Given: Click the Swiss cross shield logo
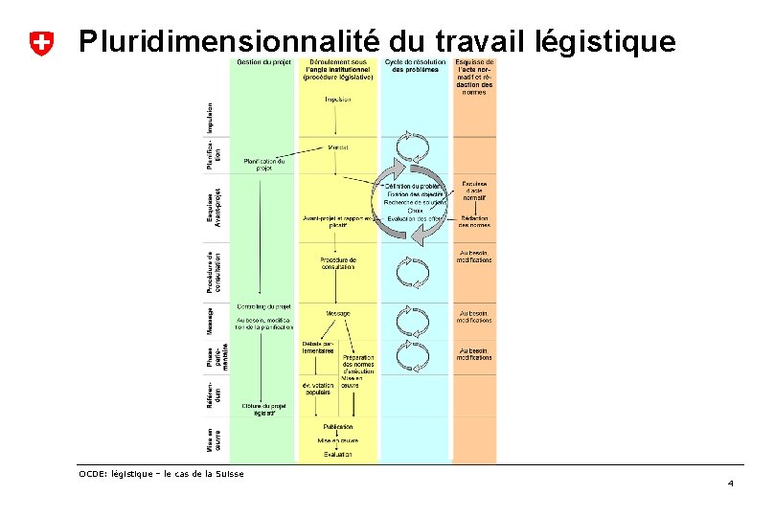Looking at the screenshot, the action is [x=41, y=42].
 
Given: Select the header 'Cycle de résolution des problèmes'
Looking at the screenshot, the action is [x=414, y=67].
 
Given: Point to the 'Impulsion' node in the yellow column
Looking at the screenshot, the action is [x=337, y=99].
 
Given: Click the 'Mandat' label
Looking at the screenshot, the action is [x=337, y=147].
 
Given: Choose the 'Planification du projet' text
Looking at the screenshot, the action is [x=264, y=164].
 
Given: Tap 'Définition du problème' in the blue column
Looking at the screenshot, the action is [x=415, y=186].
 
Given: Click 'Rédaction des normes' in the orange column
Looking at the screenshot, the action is [x=474, y=221].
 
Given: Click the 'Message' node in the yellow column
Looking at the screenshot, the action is [x=337, y=313].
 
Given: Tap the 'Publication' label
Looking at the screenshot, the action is [x=337, y=426].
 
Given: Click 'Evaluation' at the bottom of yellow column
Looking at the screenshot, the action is [x=337, y=454].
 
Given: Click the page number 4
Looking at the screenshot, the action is [x=730, y=483].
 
